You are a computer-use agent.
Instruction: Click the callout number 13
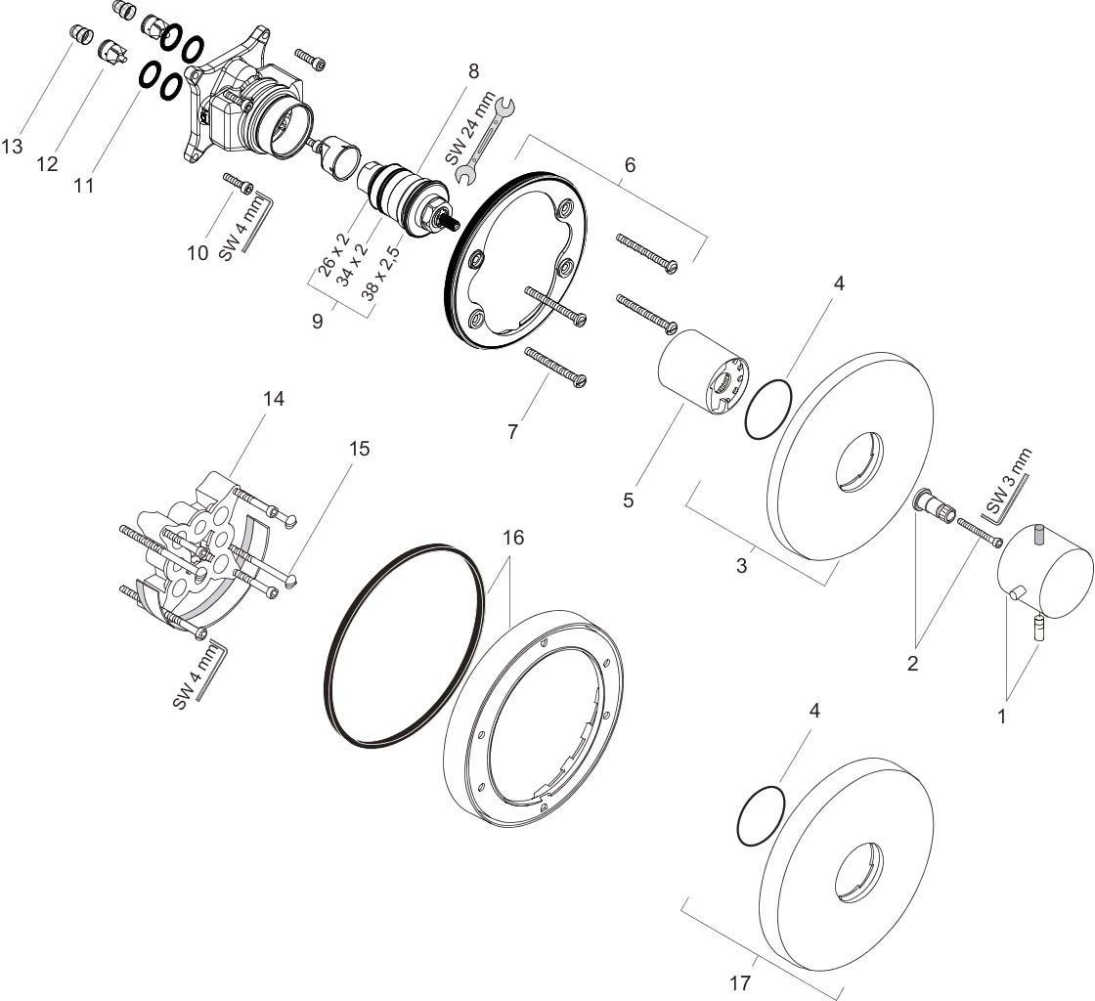tap(12, 147)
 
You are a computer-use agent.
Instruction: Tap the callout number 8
tap(474, 70)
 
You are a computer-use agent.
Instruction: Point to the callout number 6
tap(630, 165)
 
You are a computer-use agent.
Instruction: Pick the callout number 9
tap(318, 322)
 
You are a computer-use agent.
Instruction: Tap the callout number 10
tap(197, 252)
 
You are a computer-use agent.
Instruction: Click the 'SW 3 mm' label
tap(1009, 482)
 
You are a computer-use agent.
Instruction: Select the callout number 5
tap(629, 500)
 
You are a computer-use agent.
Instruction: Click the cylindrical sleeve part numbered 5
tap(703, 372)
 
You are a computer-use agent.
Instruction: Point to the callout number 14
tap(274, 399)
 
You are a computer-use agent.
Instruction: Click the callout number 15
tap(359, 448)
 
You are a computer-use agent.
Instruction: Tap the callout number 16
tap(512, 538)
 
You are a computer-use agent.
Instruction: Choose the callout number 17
tap(740, 983)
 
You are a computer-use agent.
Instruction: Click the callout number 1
tap(1002, 717)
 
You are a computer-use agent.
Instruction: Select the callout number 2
tap(913, 663)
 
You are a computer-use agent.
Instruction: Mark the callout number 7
tap(512, 432)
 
